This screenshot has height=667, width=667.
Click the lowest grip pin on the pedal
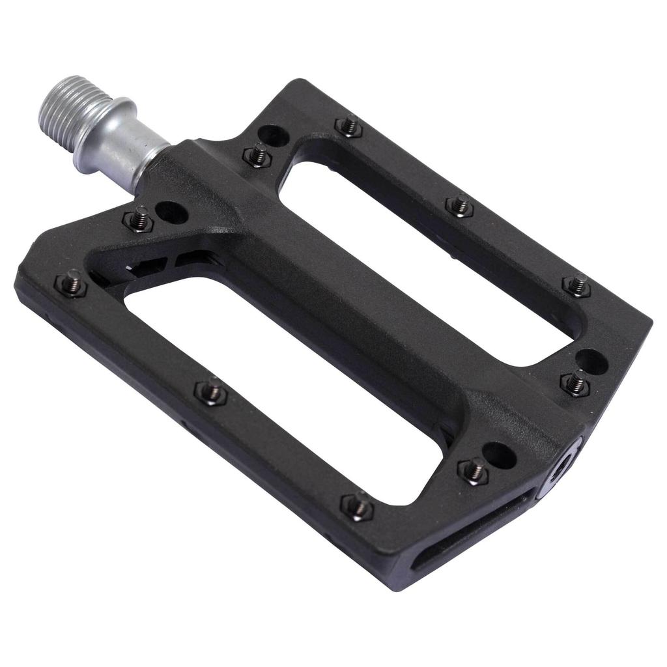pos(358,506)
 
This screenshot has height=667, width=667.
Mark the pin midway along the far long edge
pos(459,206)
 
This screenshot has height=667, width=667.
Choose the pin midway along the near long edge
pos(211,391)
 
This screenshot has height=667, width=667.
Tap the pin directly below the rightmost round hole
pos(575,382)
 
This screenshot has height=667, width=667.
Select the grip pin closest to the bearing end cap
pos(474,470)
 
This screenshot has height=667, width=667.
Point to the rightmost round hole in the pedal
pos(592,361)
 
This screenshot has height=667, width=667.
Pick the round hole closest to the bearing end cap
pos(500,454)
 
